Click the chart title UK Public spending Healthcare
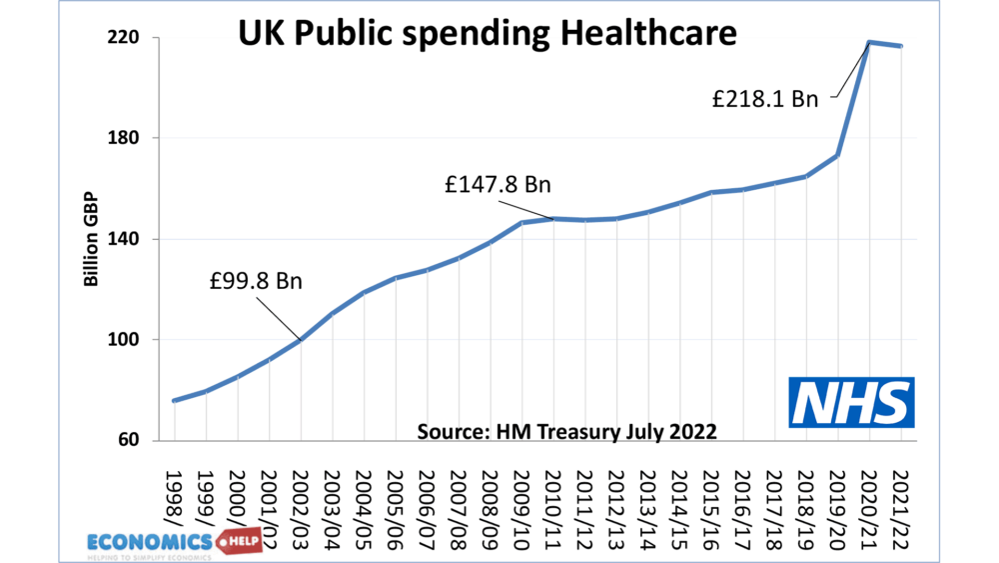[487, 34]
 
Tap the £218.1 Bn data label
[764, 99]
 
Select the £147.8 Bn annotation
[498, 185]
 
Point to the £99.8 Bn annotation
[256, 282]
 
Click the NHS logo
[850, 402]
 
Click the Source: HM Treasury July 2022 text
[566, 431]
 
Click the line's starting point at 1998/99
[175, 401]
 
